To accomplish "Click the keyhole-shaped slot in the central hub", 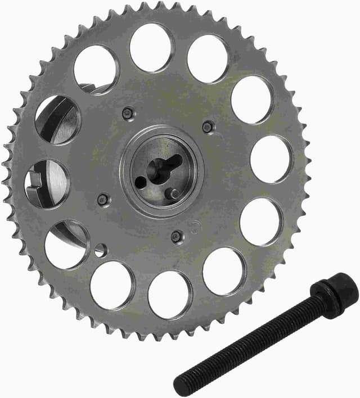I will [163, 168].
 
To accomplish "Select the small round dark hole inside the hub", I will [139, 182].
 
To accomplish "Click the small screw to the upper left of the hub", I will [128, 114].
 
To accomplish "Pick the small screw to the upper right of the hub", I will [208, 127].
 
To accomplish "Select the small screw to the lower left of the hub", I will [103, 199].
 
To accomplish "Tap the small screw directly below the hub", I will [177, 237].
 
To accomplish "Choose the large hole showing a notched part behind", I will [47, 183].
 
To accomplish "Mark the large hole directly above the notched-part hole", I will [57, 120].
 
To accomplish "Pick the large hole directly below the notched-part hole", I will [66, 245].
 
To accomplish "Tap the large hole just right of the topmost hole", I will [208, 59].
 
